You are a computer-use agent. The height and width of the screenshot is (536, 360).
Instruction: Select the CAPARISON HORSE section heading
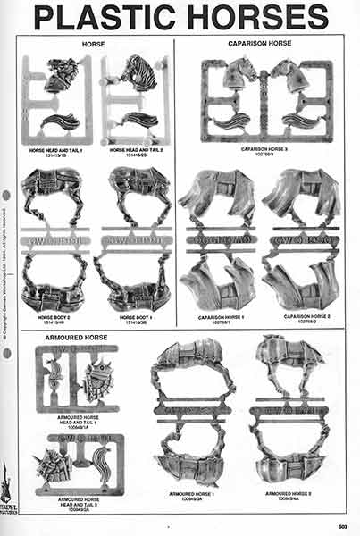pos(265,44)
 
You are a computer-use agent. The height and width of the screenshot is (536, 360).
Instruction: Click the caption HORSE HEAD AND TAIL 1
pos(55,151)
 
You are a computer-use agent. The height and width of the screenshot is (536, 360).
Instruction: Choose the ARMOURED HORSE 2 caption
pos(285,493)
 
